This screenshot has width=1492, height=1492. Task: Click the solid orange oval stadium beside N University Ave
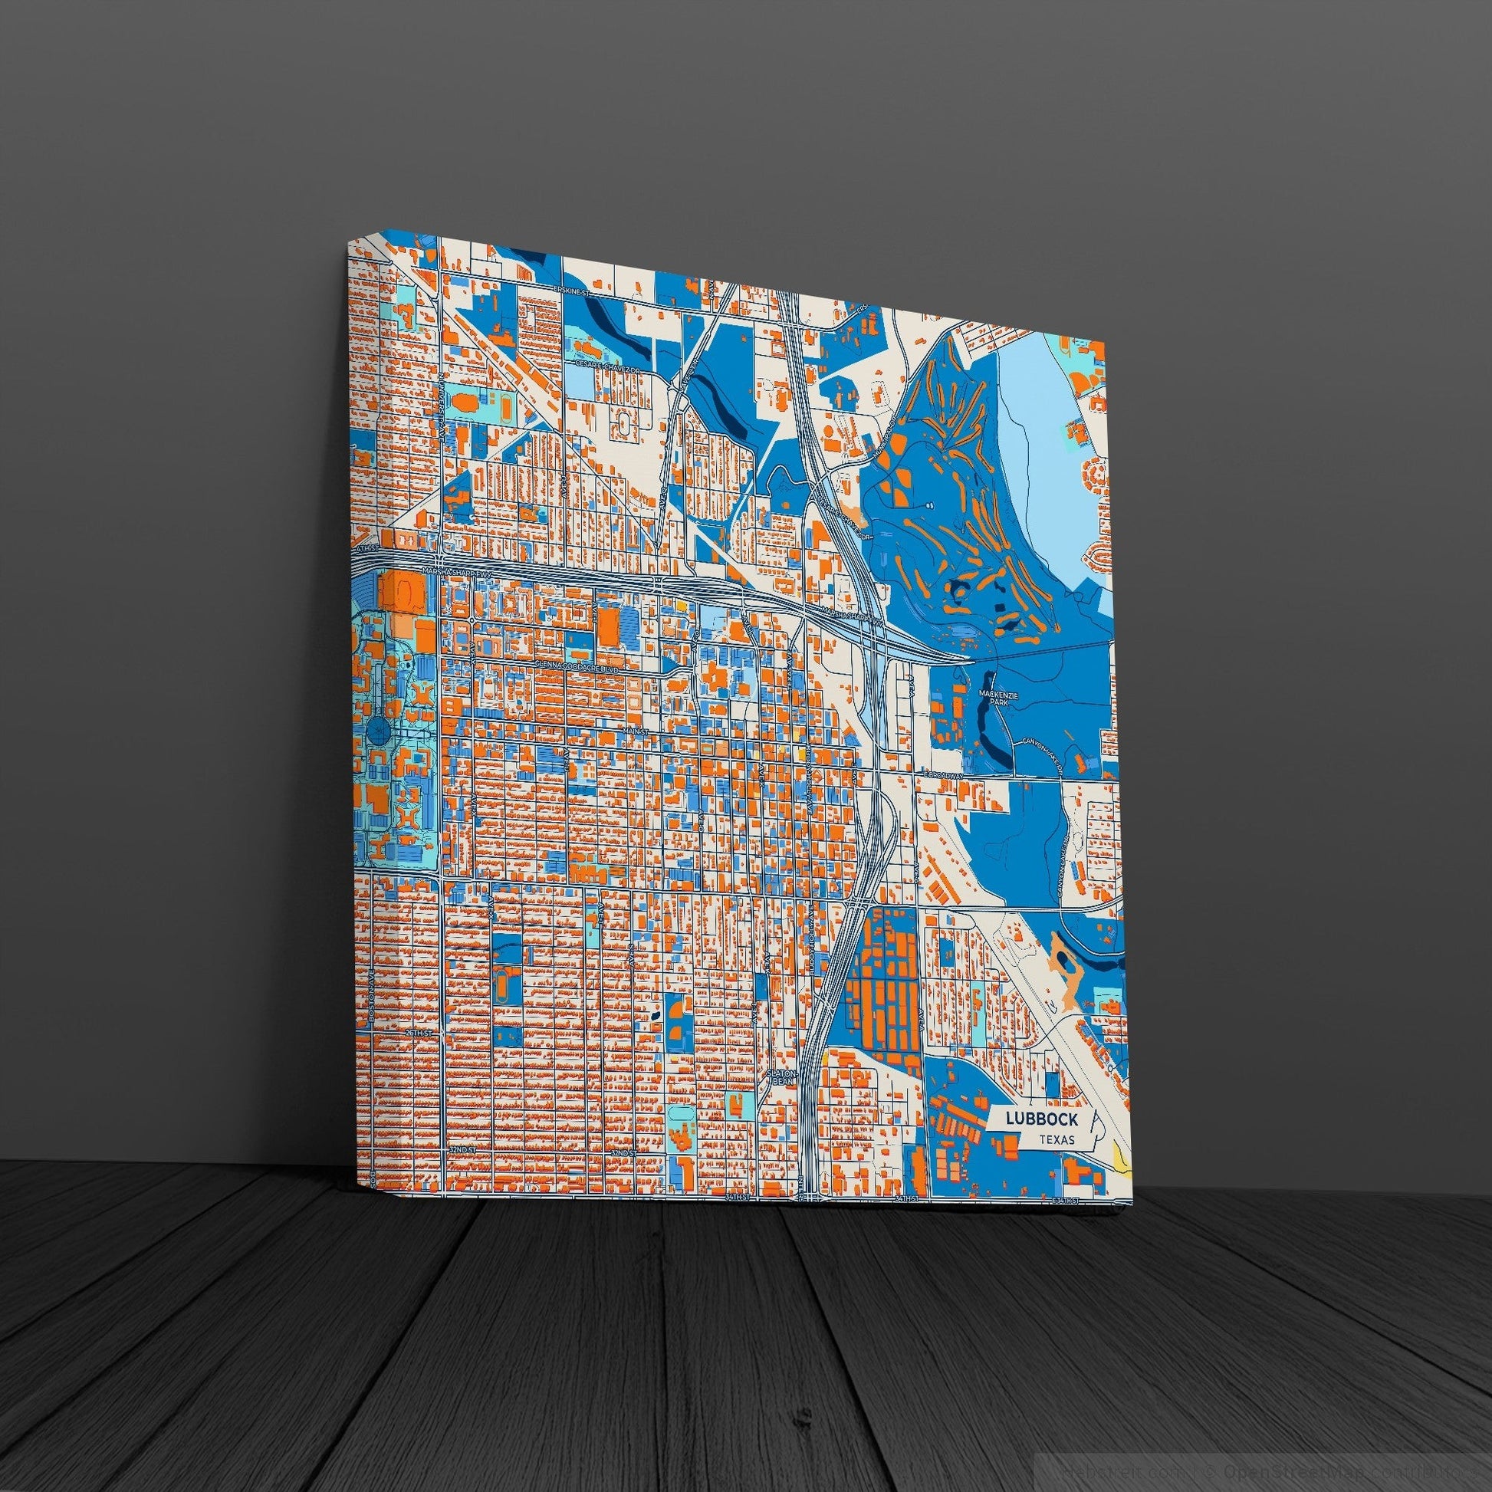[x=465, y=403]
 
